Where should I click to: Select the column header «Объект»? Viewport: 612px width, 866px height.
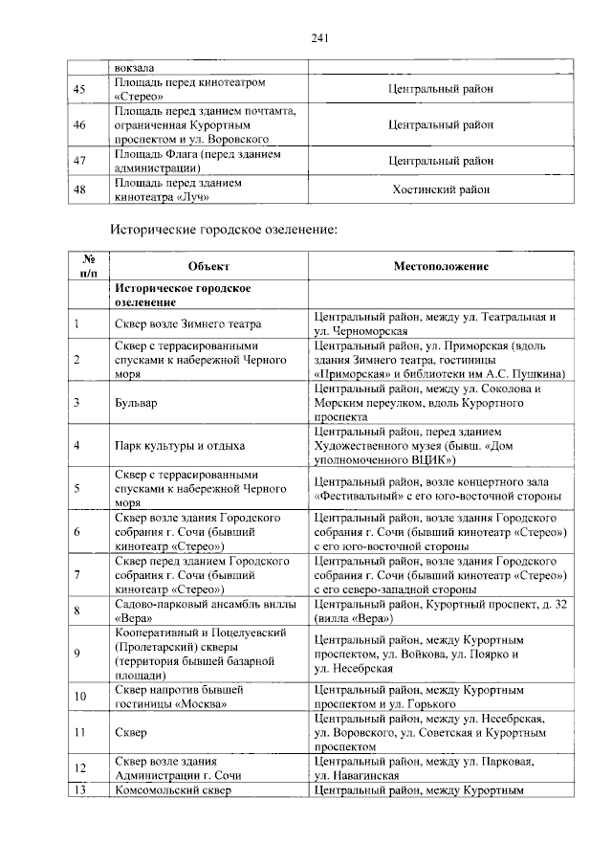click(x=208, y=266)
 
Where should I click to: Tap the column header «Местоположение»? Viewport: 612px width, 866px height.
click(x=441, y=266)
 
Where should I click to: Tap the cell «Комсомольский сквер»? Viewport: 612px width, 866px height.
click(x=172, y=790)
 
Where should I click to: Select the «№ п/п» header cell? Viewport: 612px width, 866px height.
click(x=88, y=266)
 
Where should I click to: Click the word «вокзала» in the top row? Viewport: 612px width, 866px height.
click(x=135, y=67)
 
